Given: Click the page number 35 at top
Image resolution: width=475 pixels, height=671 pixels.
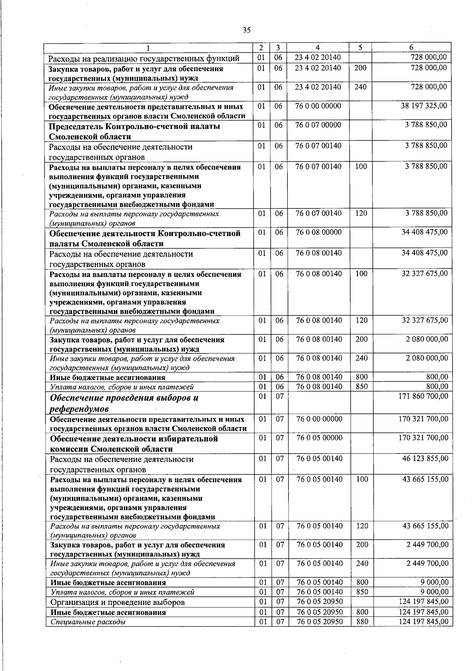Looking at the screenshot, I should click(247, 30).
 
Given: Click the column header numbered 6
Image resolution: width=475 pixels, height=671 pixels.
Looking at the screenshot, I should click(411, 47).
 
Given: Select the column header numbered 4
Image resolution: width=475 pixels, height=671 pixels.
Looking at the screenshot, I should click(318, 47).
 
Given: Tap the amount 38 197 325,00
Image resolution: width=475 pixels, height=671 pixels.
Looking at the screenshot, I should click(424, 106).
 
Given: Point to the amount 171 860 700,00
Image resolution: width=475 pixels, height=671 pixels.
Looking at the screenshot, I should click(423, 396).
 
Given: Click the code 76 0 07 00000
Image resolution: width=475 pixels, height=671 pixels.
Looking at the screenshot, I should click(318, 125).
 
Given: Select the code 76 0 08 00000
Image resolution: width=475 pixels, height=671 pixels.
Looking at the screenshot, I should click(319, 232).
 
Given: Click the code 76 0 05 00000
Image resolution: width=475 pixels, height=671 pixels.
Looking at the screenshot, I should click(319, 438).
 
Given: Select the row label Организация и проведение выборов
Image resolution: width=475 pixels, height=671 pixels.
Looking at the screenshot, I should click(118, 602).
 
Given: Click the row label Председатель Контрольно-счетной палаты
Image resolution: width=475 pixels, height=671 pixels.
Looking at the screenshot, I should click(134, 131).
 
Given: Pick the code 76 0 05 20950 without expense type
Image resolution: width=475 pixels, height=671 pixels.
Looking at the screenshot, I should click(319, 602).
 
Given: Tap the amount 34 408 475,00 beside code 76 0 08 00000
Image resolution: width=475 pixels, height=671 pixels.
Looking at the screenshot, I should click(425, 232).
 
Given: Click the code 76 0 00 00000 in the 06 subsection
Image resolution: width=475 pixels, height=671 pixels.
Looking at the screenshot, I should click(318, 106).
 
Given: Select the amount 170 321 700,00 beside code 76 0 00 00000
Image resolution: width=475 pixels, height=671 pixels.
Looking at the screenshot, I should click(423, 419).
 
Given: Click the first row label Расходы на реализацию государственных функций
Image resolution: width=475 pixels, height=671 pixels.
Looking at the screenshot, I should click(144, 59).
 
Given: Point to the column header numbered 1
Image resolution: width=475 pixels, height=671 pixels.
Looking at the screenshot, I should click(148, 47).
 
